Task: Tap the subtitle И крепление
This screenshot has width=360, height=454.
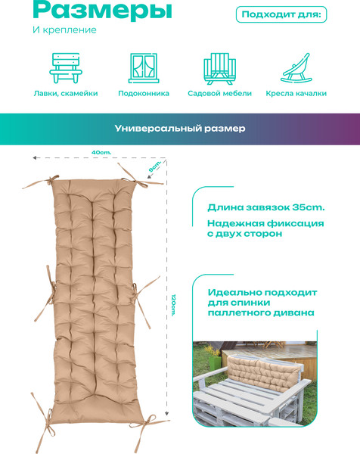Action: click(x=64, y=30)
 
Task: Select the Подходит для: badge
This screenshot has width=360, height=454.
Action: click(x=281, y=14)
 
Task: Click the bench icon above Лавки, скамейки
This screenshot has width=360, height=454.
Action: click(x=66, y=68)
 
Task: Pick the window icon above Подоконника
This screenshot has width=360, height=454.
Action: click(x=144, y=68)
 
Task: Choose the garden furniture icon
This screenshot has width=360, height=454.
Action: click(x=219, y=69)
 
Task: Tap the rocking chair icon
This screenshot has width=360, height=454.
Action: click(x=296, y=68)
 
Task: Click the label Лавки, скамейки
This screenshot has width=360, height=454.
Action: click(x=66, y=94)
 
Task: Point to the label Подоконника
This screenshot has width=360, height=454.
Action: click(x=144, y=94)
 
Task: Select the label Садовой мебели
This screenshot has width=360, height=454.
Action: click(x=219, y=94)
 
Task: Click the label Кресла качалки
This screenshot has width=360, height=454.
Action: click(x=296, y=94)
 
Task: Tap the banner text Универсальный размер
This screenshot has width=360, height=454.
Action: click(x=180, y=129)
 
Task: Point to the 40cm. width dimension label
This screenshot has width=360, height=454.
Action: click(x=101, y=152)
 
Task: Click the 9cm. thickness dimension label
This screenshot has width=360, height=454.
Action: click(x=154, y=166)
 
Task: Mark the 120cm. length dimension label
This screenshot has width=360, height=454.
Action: click(x=173, y=305)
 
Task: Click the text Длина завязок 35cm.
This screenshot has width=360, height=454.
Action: click(x=266, y=207)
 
